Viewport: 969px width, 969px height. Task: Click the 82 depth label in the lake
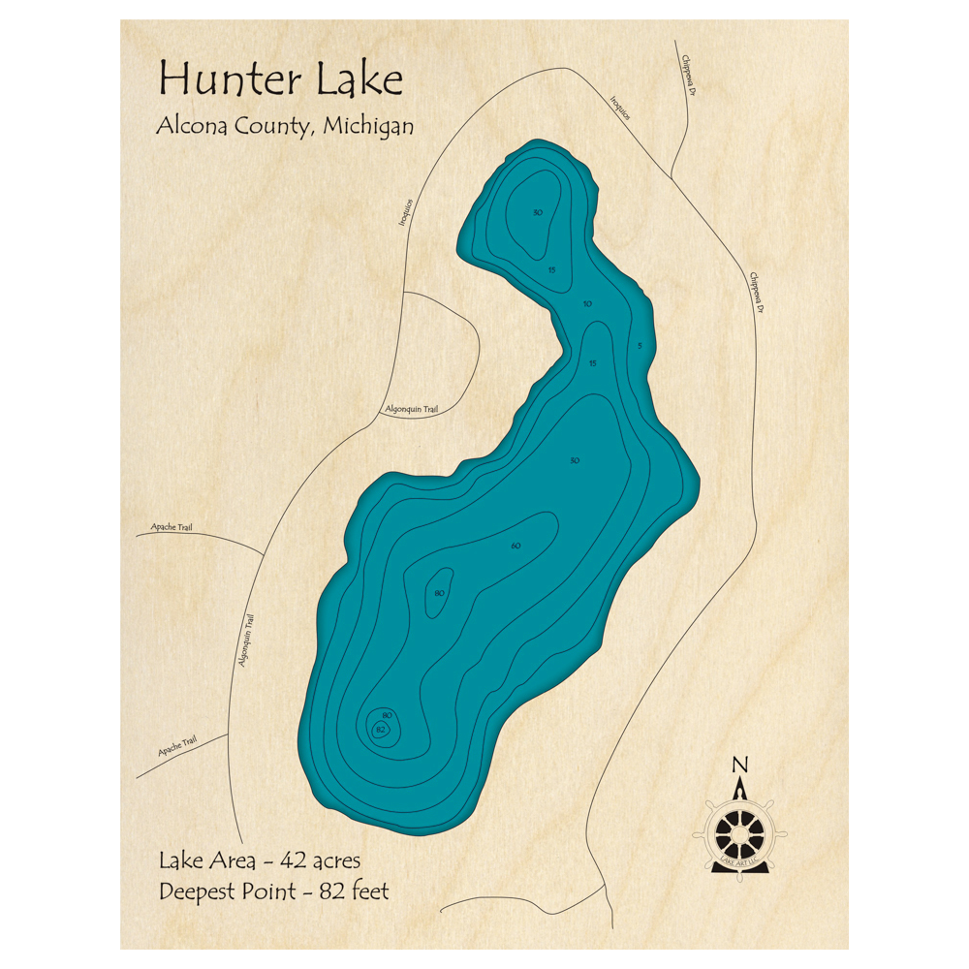coord(380,729)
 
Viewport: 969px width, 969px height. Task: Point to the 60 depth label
coord(516,547)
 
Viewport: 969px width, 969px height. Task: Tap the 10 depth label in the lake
coord(587,304)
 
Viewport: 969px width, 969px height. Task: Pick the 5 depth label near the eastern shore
coord(640,346)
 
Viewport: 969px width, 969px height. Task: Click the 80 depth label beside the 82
coord(388,715)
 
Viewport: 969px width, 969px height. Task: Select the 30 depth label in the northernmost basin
coord(538,212)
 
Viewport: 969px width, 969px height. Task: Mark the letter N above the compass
coord(740,765)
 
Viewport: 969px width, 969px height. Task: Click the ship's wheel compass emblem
coord(740,833)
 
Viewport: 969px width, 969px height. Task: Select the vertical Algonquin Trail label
coord(245,641)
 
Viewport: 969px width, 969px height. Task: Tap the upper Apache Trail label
coord(172,527)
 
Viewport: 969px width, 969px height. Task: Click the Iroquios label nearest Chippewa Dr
coord(620,108)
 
